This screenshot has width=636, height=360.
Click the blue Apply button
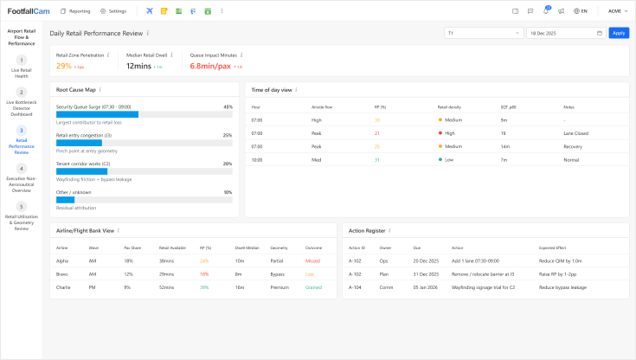(619, 33)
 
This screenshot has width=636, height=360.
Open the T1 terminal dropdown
(482, 33)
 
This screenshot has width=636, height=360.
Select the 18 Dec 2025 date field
(565, 33)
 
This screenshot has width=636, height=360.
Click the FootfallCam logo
(29, 11)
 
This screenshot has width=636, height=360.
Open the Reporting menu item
(76, 11)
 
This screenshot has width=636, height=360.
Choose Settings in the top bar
(113, 11)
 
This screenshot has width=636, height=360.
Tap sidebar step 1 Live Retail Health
(22, 65)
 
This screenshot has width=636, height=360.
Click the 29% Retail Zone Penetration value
(64, 66)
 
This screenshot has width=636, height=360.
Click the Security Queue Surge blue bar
(97, 113)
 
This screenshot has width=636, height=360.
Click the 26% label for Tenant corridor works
(228, 164)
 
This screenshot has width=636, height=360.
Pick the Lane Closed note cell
(575, 133)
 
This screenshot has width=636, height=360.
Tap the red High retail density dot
(440, 133)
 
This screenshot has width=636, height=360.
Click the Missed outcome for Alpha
(313, 260)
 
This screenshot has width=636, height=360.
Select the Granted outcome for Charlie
(313, 286)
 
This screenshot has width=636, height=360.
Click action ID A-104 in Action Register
(356, 286)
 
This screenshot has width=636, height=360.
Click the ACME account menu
(618, 11)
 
